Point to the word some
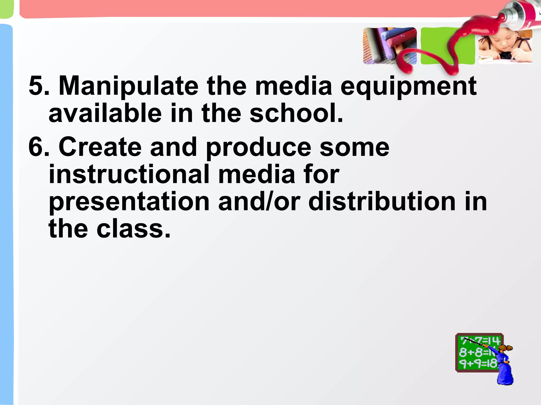point(355,147)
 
